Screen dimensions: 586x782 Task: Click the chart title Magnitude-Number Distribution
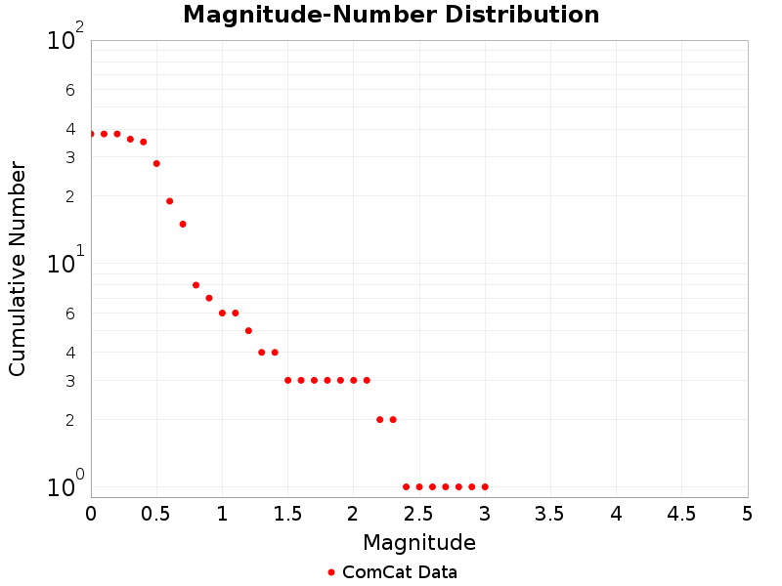(x=391, y=15)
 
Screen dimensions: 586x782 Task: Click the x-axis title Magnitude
(x=419, y=542)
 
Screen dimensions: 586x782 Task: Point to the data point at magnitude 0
(x=91, y=134)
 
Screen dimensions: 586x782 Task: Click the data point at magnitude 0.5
(x=156, y=163)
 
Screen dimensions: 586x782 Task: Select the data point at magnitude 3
(x=485, y=486)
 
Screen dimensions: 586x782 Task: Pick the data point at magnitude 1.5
(x=287, y=380)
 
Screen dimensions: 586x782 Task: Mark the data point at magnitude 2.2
(x=379, y=419)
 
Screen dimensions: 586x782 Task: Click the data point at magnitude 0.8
(x=195, y=285)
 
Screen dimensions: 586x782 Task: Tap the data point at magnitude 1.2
(x=248, y=330)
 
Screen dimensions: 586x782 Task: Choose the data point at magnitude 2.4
(x=406, y=486)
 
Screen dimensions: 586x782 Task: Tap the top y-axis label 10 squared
(x=65, y=40)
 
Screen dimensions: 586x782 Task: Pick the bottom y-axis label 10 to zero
(x=65, y=486)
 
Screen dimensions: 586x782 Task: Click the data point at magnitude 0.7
(x=183, y=224)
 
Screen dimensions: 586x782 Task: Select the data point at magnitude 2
(x=353, y=380)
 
